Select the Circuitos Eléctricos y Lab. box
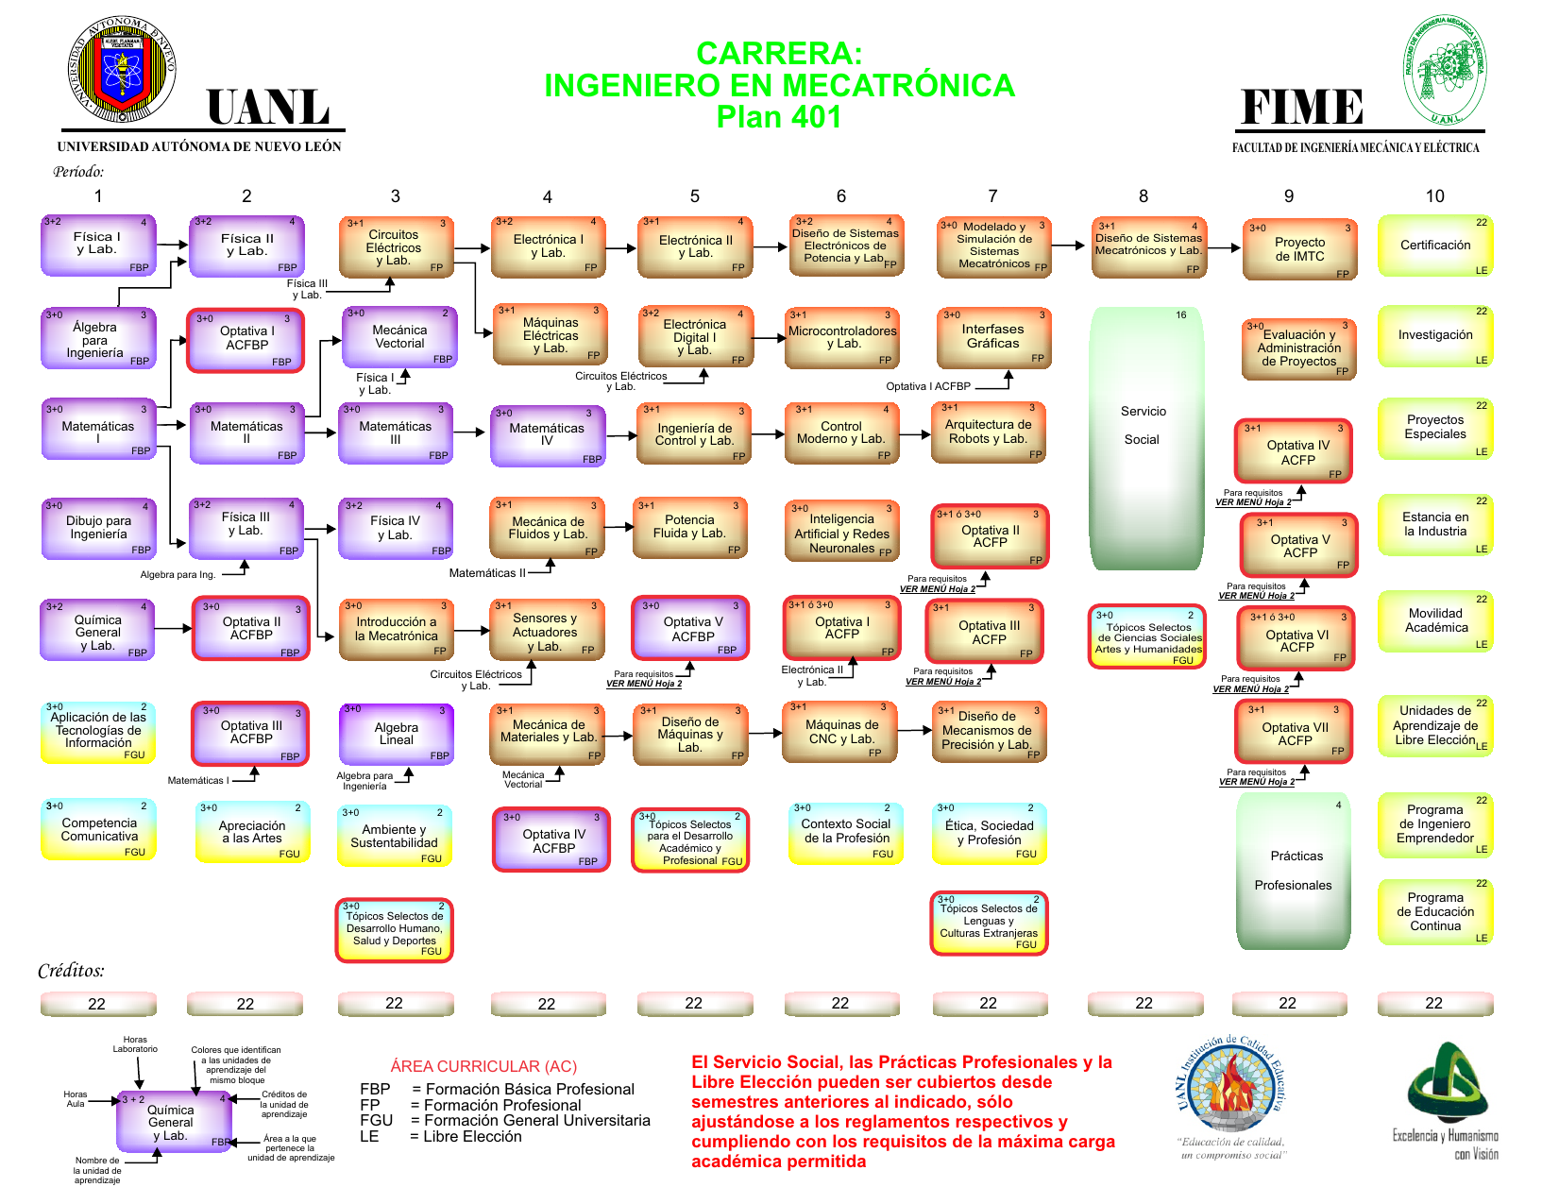click(395, 247)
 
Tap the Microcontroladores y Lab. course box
click(842, 337)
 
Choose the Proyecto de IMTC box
click(1299, 249)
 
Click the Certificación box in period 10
click(1434, 246)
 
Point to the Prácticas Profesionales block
click(1294, 871)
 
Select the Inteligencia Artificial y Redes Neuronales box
click(841, 534)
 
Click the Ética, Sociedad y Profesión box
click(989, 833)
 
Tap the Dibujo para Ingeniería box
click(98, 528)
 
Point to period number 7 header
click(992, 195)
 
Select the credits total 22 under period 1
click(97, 1004)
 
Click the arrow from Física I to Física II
click(172, 245)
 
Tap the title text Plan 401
click(778, 117)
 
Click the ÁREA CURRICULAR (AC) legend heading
click(483, 1066)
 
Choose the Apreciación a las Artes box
click(251, 832)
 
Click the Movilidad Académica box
click(1434, 621)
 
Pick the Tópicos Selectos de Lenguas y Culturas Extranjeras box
click(989, 923)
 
